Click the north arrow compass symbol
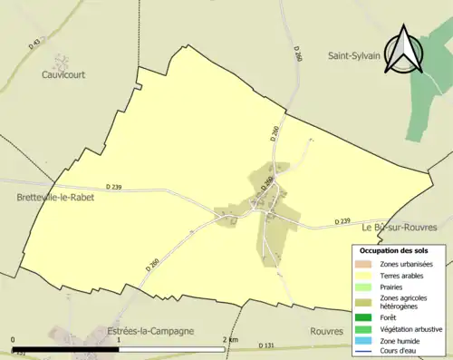click(x=406, y=50)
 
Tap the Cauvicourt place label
click(x=63, y=75)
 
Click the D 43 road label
click(x=36, y=43)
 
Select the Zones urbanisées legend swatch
click(x=367, y=263)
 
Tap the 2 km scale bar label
click(x=232, y=339)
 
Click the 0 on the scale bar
click(x=13, y=339)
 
